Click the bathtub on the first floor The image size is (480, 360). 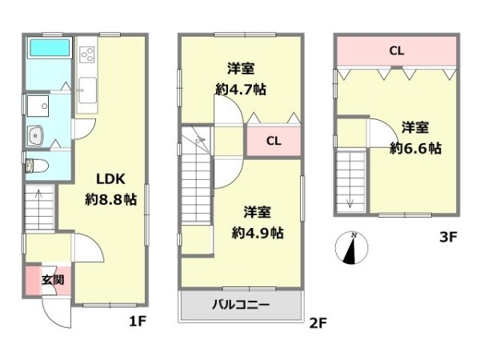[x=49, y=47]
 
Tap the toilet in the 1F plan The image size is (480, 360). [x=37, y=166]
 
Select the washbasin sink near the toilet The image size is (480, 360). [x=36, y=136]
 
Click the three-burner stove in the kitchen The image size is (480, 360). [x=87, y=54]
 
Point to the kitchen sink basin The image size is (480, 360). [x=88, y=90]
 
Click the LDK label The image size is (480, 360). [x=110, y=179]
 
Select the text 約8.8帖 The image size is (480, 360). [x=110, y=199]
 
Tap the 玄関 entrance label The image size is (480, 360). [x=53, y=279]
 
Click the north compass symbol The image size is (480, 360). [x=351, y=248]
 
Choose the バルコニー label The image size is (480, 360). [x=241, y=305]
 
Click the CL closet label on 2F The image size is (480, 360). [x=274, y=141]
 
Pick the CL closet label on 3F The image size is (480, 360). [x=397, y=50]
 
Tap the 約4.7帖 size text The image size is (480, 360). [x=241, y=90]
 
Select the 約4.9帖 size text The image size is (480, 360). [x=258, y=234]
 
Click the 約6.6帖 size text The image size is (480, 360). [x=415, y=149]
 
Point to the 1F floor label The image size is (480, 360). [x=138, y=322]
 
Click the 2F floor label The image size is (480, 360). [x=318, y=323]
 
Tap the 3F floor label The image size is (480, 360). [x=448, y=237]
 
